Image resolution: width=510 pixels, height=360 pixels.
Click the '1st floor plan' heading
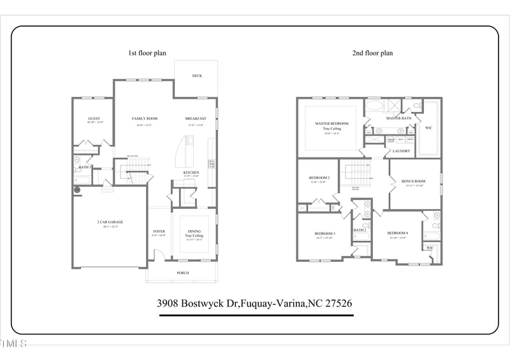[x=147, y=53]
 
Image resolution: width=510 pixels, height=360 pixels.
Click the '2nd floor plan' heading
[x=372, y=53]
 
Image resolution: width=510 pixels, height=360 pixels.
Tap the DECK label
[x=197, y=76]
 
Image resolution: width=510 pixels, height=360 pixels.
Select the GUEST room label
[x=94, y=119]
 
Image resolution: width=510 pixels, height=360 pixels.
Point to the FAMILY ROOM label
[x=145, y=119]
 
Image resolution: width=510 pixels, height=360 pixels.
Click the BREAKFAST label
[x=195, y=119]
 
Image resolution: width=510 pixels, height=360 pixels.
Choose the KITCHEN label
[x=191, y=173]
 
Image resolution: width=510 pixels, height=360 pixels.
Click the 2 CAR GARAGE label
[x=110, y=222]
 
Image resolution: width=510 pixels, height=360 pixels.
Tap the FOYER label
[x=159, y=231]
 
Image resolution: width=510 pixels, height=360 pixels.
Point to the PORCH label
[x=182, y=273]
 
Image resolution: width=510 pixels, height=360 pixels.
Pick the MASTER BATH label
[x=398, y=119]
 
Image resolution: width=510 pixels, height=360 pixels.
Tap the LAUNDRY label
[x=401, y=151]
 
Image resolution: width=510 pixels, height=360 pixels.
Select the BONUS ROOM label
[x=413, y=181]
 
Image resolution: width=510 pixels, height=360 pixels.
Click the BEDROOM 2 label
[x=319, y=178]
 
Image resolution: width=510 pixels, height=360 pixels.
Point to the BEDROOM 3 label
[x=324, y=233]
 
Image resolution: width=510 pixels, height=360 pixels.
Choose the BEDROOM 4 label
[x=398, y=233]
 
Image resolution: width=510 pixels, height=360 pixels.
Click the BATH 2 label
[x=360, y=230]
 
